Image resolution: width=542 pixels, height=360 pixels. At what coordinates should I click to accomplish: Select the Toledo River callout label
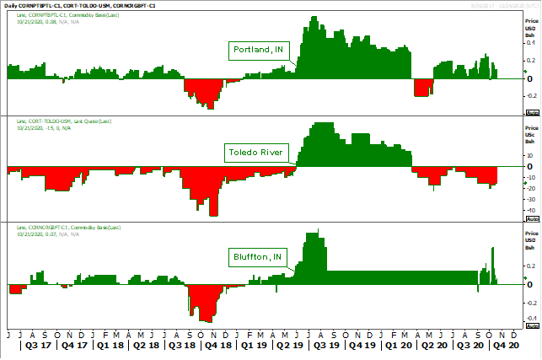(x=255, y=153)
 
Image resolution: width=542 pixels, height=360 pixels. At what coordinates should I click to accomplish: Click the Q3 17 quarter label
(x=39, y=345)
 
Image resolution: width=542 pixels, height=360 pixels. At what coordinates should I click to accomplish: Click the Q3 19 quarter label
(x=324, y=345)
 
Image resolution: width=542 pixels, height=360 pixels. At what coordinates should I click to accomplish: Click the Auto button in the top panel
(x=532, y=111)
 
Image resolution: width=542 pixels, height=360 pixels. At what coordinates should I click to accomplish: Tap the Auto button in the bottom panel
(x=532, y=326)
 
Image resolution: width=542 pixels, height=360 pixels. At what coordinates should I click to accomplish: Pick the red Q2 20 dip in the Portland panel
(x=423, y=88)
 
